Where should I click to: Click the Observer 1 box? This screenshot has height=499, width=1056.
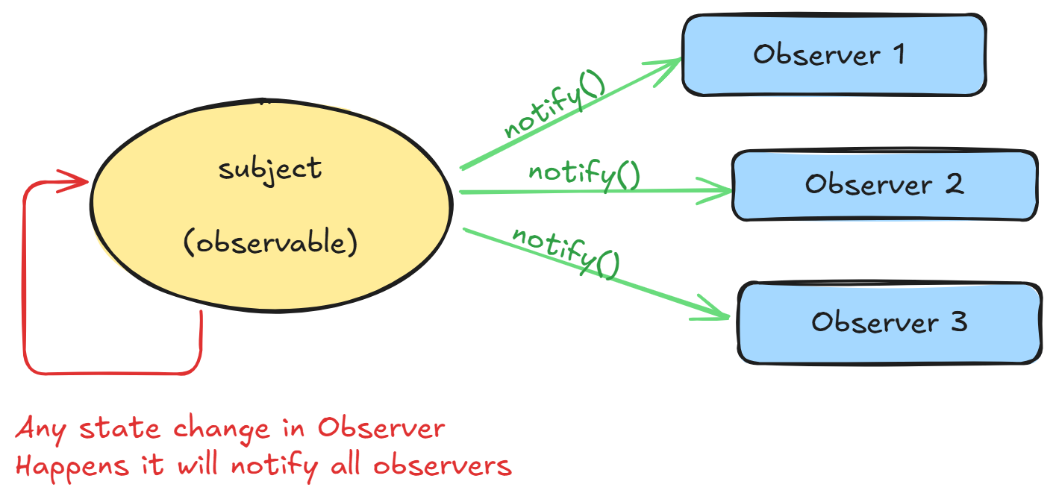[x=834, y=55]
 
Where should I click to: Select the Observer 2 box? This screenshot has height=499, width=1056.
[x=884, y=185]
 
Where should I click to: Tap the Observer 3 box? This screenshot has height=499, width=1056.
[x=889, y=322]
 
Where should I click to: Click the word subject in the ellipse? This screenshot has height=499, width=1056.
[x=270, y=169]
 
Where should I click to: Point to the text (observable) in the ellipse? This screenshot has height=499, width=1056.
[x=270, y=243]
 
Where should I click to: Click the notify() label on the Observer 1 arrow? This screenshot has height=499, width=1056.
[x=554, y=107]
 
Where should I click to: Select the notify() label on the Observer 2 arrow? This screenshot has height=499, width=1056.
[x=584, y=173]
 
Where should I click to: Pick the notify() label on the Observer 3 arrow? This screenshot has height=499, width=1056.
[x=566, y=252]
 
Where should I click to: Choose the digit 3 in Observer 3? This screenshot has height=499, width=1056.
[x=959, y=322]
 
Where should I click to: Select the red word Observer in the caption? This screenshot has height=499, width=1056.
[x=381, y=429]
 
